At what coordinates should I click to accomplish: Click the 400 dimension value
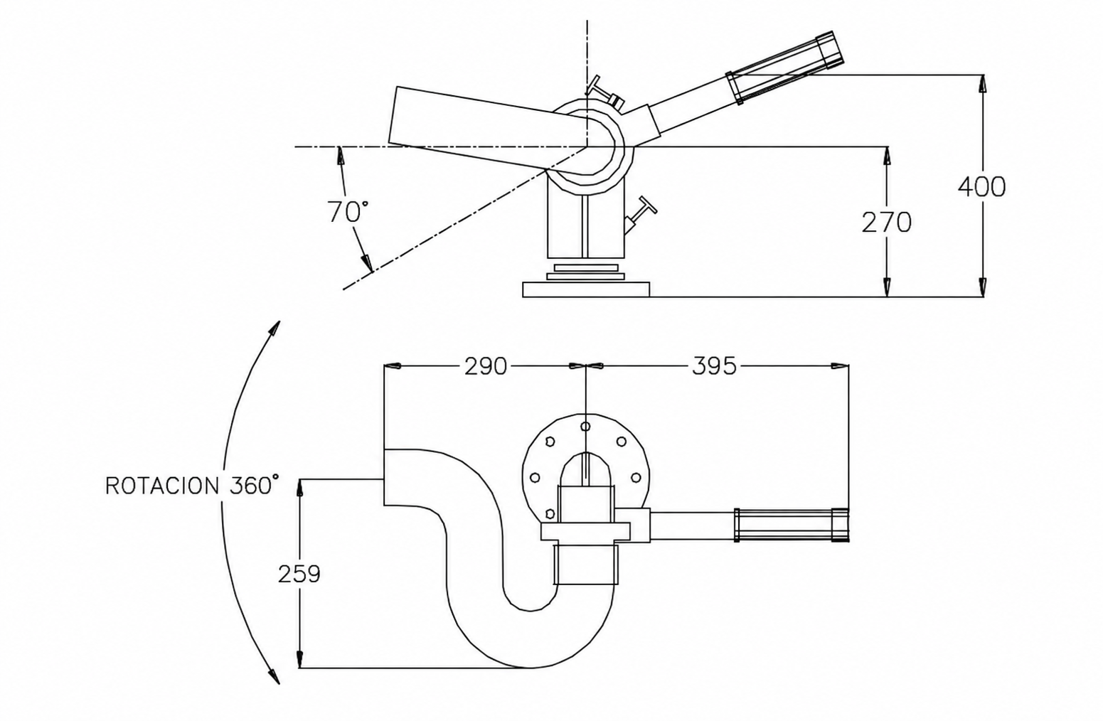[x=981, y=187]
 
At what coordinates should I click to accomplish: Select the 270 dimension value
[x=886, y=223]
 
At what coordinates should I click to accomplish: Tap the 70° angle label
[x=348, y=212]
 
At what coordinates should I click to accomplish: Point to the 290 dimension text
[x=486, y=366]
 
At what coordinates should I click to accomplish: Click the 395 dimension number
[x=714, y=366]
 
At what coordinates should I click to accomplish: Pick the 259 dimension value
[x=299, y=574]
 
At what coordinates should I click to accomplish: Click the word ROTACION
[x=162, y=486]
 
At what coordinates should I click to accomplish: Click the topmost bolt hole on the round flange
[x=585, y=427]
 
